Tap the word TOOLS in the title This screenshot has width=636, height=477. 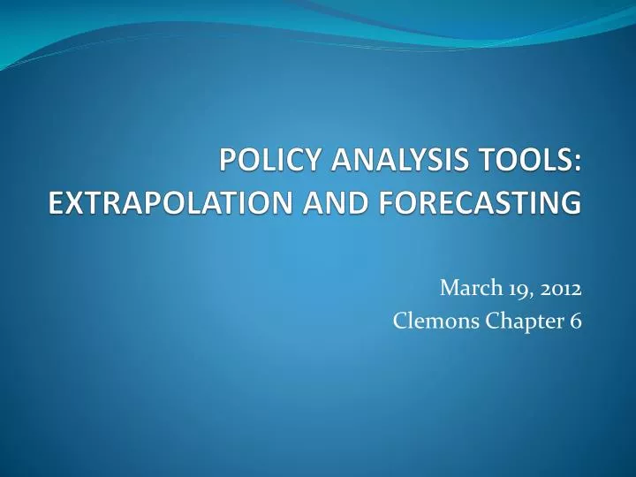click(x=516, y=163)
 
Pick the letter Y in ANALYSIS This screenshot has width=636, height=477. click(x=405, y=163)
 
